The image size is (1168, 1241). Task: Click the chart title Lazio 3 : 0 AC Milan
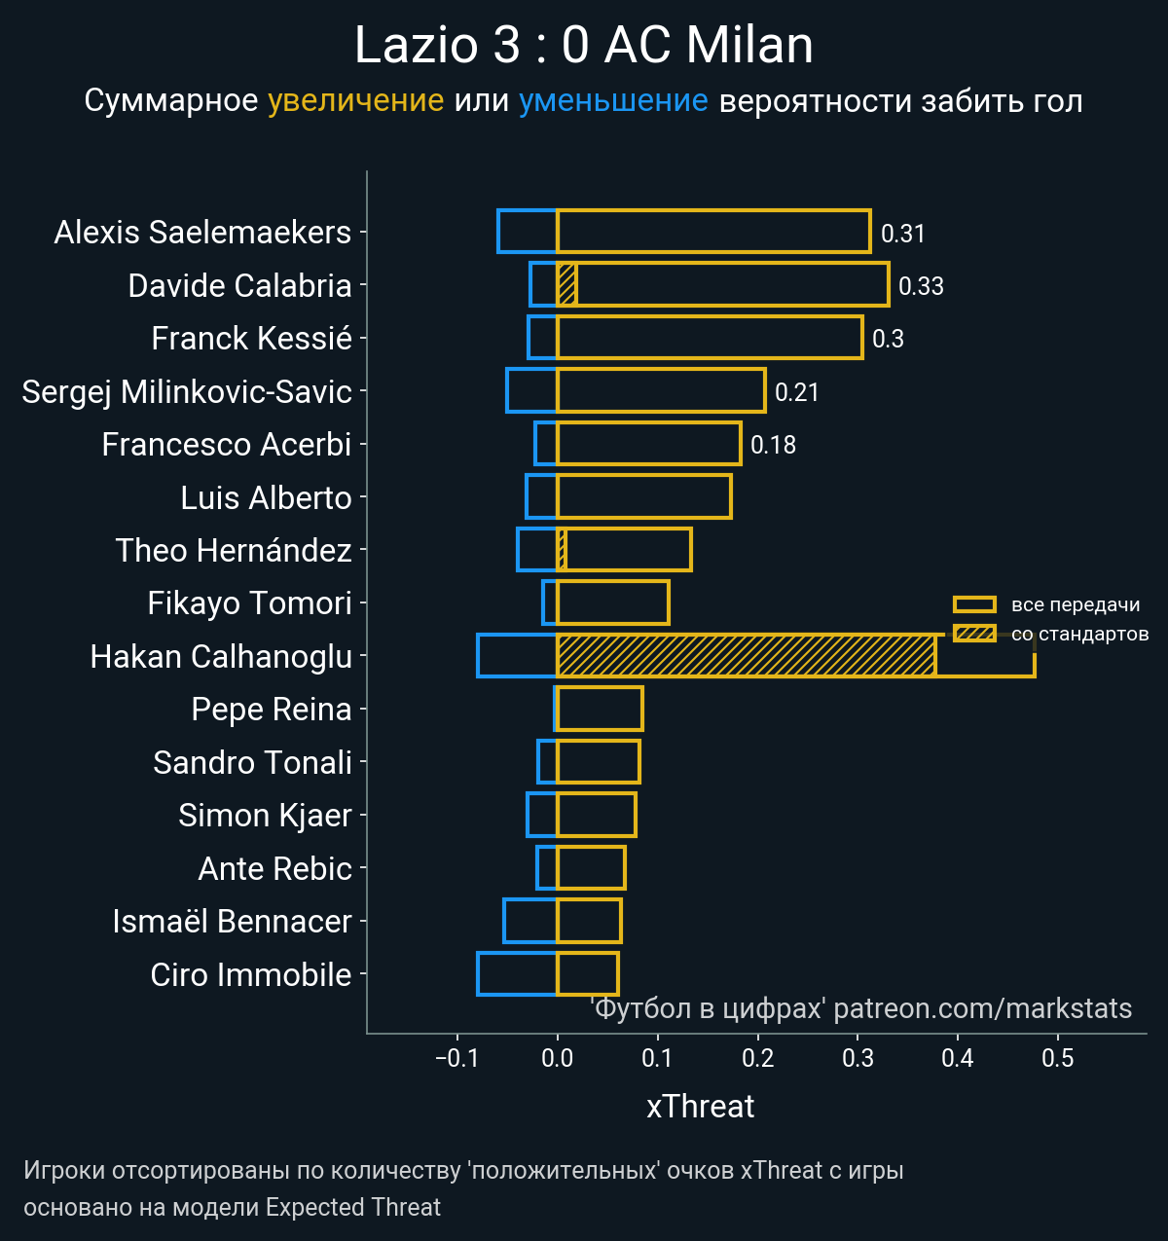coord(584,46)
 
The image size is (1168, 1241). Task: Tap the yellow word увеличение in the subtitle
coord(355,101)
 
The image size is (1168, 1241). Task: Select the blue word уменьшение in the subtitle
coord(613,101)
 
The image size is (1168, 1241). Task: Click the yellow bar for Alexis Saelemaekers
coord(712,232)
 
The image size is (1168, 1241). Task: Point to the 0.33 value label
coord(921,286)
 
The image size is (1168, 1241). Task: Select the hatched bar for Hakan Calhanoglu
coord(746,656)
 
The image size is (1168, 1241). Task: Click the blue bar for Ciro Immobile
coord(517,974)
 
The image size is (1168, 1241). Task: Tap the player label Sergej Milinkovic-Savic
coord(187,391)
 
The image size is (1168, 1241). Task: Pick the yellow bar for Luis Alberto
coord(643,496)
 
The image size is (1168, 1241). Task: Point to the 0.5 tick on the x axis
coord(1058,1059)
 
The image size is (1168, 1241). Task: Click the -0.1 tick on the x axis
coord(456,1059)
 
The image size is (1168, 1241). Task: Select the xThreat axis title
coord(701,1107)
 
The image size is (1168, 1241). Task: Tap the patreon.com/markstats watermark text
coord(983,1008)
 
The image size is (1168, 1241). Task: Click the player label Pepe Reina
coord(272,710)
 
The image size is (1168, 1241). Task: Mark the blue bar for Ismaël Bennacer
coord(530,921)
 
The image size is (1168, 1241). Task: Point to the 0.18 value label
coord(773,445)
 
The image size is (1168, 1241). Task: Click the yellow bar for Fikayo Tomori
coord(612,602)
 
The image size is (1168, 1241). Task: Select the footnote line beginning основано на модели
coord(232,1208)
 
